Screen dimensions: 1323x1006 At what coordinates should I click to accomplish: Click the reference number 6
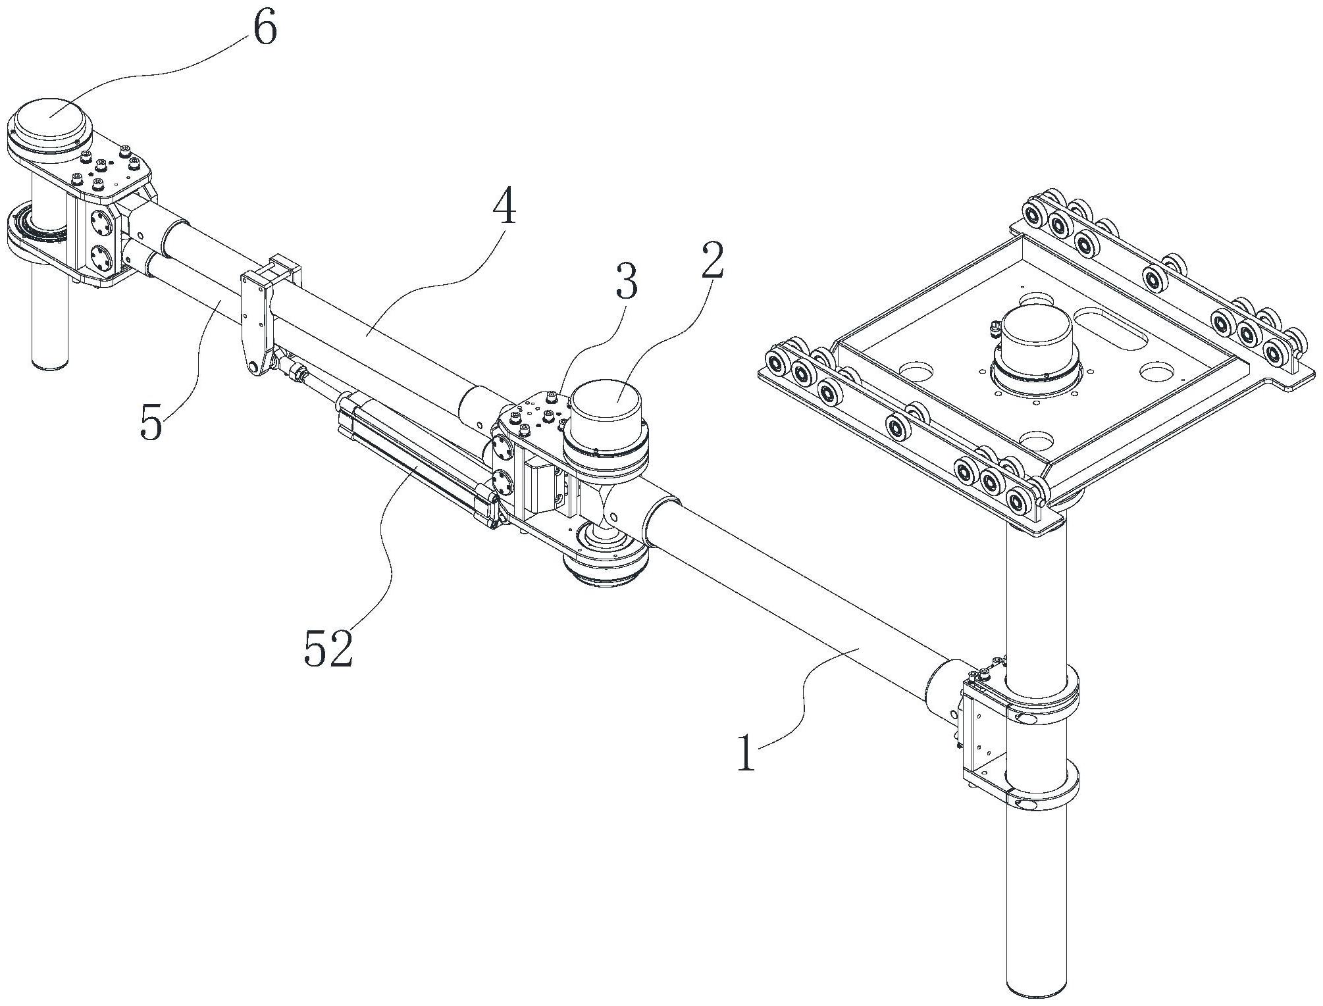coord(265,30)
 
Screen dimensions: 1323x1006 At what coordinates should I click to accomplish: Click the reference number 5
coord(151,421)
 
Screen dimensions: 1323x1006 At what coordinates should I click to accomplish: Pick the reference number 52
coord(328,649)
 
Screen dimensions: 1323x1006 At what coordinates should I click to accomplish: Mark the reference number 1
coord(746,753)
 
